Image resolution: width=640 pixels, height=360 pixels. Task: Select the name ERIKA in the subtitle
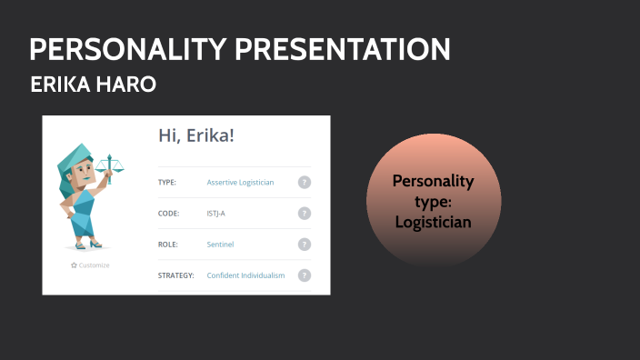click(61, 85)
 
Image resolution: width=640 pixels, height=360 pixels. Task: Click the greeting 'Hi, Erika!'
click(196, 136)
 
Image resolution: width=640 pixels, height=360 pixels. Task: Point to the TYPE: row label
click(167, 182)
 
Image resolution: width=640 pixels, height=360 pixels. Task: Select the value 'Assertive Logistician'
click(240, 182)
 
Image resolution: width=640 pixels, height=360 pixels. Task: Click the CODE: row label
click(168, 214)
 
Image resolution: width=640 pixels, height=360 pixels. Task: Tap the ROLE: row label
click(168, 245)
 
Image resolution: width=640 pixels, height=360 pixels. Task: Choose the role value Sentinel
click(221, 245)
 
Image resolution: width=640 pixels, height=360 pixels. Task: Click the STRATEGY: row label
click(175, 275)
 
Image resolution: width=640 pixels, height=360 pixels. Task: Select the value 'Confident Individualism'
click(245, 275)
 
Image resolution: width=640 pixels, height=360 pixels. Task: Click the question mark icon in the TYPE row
click(305, 182)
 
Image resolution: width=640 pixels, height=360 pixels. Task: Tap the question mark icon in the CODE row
click(305, 214)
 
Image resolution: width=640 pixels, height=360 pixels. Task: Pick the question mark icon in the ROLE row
click(305, 245)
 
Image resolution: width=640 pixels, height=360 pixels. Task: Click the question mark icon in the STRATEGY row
click(305, 275)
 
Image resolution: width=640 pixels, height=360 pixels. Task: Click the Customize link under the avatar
click(90, 265)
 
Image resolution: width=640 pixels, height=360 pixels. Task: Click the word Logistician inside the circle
click(434, 222)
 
